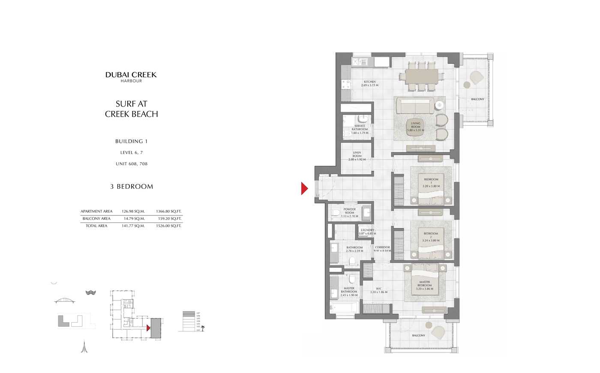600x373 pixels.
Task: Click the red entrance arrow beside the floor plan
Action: (304, 188)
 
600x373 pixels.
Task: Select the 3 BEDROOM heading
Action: (132, 187)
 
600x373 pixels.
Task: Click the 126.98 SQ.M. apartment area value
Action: (133, 211)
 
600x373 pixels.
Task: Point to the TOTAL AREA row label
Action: (96, 226)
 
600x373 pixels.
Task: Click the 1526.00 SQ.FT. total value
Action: (169, 226)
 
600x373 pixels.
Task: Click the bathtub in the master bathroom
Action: (344, 308)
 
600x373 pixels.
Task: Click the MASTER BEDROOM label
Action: (425, 285)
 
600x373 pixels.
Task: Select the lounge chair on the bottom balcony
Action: (438, 332)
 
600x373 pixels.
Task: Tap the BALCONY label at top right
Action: (477, 99)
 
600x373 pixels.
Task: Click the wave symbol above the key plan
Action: (90, 293)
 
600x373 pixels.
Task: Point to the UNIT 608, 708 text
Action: (132, 164)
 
